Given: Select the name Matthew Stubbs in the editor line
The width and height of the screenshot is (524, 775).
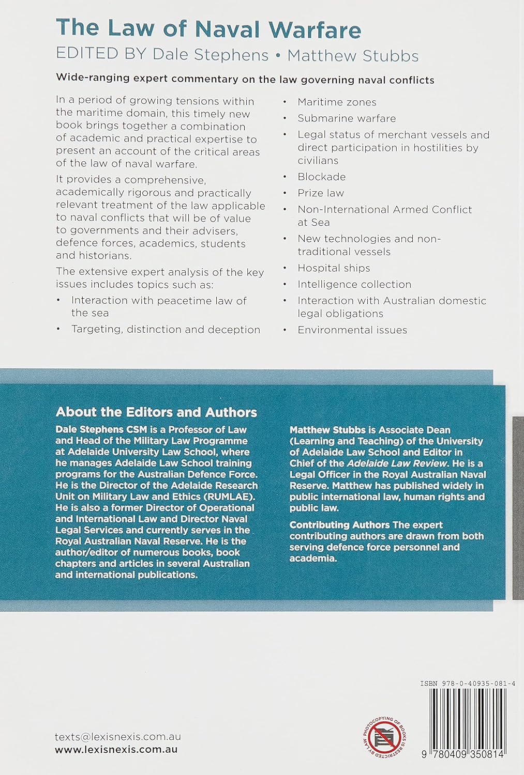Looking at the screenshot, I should click(353, 55).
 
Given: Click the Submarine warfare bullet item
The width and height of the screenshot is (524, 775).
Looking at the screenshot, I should click(347, 118).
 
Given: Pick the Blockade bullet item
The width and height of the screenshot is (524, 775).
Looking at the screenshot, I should click(321, 177).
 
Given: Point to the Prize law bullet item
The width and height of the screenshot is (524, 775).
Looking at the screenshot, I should click(320, 193).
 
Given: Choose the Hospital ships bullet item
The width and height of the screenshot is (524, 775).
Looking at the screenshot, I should click(334, 268).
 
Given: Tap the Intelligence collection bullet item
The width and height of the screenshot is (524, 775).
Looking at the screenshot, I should click(354, 284).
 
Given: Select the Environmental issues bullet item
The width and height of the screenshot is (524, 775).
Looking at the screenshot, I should click(352, 330).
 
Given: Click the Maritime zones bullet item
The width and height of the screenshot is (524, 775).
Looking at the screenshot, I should click(337, 102).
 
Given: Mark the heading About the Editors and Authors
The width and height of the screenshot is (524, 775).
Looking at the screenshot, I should click(156, 412).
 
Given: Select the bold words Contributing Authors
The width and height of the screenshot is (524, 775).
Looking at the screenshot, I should click(339, 524).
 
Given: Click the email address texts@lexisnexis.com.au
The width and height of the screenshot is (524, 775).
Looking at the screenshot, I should click(118, 737).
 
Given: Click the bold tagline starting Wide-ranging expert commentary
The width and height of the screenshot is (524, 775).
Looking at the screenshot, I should click(245, 80).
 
